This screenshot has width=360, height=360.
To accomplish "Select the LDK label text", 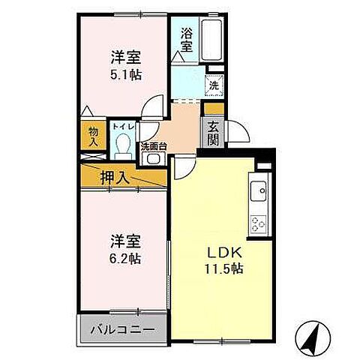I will click(221, 251).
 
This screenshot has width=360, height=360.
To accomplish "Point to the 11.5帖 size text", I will click(221, 268).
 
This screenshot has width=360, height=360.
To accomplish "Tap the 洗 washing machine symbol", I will click(214, 86).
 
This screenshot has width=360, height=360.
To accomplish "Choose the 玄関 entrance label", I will click(212, 133).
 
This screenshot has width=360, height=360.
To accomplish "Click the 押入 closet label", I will click(115, 178).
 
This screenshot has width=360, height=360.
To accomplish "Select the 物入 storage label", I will click(94, 134).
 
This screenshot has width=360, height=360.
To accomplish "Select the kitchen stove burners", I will click(259, 223).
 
